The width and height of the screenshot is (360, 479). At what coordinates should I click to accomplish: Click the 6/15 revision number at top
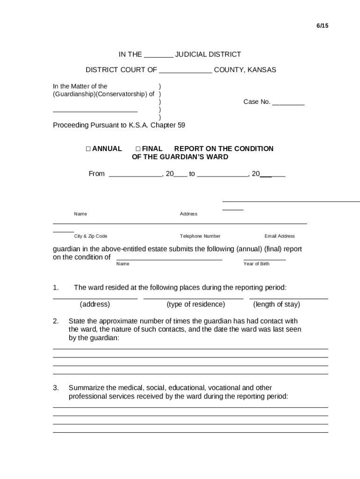(322, 26)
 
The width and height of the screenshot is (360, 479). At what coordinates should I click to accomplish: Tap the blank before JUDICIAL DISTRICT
(158, 55)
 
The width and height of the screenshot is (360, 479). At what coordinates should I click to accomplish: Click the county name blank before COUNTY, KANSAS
(186, 71)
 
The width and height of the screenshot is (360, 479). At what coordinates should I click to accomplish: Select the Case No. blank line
(288, 102)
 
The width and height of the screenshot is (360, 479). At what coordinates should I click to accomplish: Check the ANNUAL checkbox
(88, 149)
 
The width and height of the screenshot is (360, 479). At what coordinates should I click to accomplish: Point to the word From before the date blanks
(97, 174)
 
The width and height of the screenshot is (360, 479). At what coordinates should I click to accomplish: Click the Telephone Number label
(200, 236)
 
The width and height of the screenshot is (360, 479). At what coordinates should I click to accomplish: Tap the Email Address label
(280, 236)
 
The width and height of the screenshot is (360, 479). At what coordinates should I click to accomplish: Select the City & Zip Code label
(91, 236)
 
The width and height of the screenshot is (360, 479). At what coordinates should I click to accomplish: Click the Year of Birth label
(256, 264)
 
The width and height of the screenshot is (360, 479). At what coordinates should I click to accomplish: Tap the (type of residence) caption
(195, 305)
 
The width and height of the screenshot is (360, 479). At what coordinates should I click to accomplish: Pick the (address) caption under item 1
(95, 305)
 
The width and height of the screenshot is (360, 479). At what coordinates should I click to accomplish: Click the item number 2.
(56, 321)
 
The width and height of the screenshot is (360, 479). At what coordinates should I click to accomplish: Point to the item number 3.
(56, 388)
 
